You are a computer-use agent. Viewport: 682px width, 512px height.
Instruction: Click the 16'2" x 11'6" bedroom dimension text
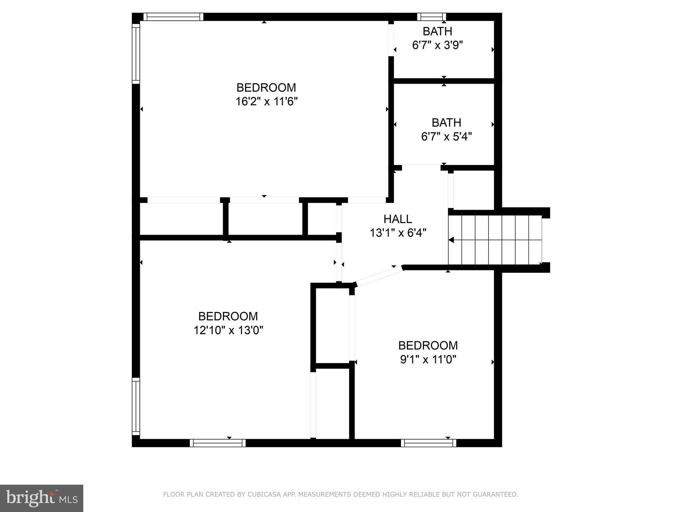click(266, 102)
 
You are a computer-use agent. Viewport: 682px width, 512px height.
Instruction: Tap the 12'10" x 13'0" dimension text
click(228, 330)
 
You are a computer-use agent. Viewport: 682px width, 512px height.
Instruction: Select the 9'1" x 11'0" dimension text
click(428, 360)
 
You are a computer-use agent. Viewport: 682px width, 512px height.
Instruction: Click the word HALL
click(398, 219)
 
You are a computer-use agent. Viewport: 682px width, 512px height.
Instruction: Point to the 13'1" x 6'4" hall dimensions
click(398, 233)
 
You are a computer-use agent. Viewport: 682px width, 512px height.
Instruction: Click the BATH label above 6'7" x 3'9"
click(437, 31)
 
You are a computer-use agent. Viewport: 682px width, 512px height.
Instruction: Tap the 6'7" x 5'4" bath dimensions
click(446, 137)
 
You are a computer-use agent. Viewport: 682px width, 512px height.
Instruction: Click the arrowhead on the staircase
click(451, 240)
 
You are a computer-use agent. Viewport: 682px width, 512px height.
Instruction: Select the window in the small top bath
click(431, 17)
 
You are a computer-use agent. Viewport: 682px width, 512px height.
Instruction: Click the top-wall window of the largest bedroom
click(173, 17)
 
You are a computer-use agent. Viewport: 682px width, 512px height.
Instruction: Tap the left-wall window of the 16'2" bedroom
click(136, 54)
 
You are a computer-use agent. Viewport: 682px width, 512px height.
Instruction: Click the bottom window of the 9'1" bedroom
click(428, 443)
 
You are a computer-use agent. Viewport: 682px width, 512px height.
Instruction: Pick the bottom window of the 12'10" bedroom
click(217, 443)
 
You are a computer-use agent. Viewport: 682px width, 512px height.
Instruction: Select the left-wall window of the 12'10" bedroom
click(136, 406)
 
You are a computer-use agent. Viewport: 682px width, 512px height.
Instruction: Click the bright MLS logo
click(41, 498)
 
